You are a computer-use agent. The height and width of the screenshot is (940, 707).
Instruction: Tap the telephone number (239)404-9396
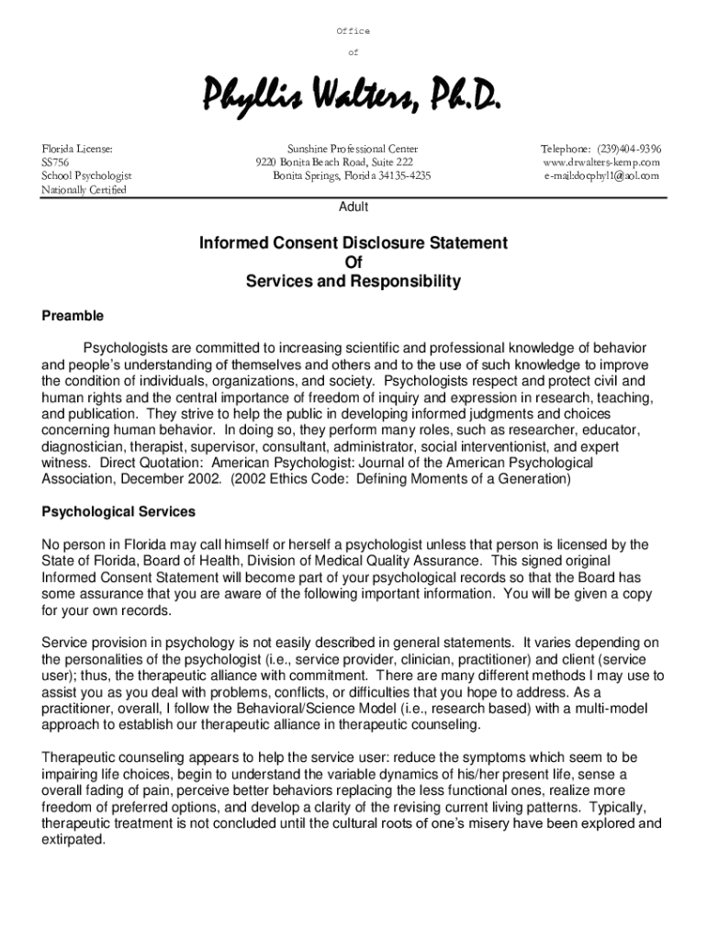(631, 149)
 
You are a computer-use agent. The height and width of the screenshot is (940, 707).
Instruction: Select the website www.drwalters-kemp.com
(601, 162)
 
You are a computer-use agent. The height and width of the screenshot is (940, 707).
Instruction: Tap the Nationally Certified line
(84, 190)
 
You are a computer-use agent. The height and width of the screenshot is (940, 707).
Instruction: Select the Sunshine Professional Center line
(353, 149)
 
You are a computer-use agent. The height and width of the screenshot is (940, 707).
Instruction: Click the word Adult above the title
(353, 207)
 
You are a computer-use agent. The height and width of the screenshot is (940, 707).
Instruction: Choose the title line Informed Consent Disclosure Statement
(353, 243)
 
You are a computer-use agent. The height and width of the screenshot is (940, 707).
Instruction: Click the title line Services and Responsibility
(353, 282)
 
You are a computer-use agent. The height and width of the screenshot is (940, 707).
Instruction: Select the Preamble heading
(73, 317)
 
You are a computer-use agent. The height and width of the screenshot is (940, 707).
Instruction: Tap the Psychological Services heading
(118, 511)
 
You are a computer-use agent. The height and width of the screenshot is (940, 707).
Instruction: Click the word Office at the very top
(353, 31)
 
